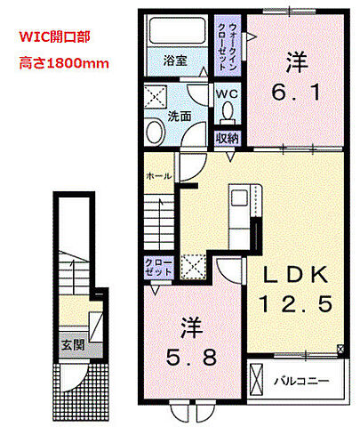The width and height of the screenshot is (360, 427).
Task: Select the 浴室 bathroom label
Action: click(174, 61)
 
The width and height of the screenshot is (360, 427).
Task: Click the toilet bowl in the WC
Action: click(228, 110)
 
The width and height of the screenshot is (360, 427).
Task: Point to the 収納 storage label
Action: click(228, 138)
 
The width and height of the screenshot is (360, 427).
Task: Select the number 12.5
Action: click(295, 303)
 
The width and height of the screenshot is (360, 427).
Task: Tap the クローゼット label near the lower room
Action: click(152, 266)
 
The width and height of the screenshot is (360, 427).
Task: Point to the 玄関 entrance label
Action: click(70, 342)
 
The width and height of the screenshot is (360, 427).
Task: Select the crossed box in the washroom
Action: click(155, 97)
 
